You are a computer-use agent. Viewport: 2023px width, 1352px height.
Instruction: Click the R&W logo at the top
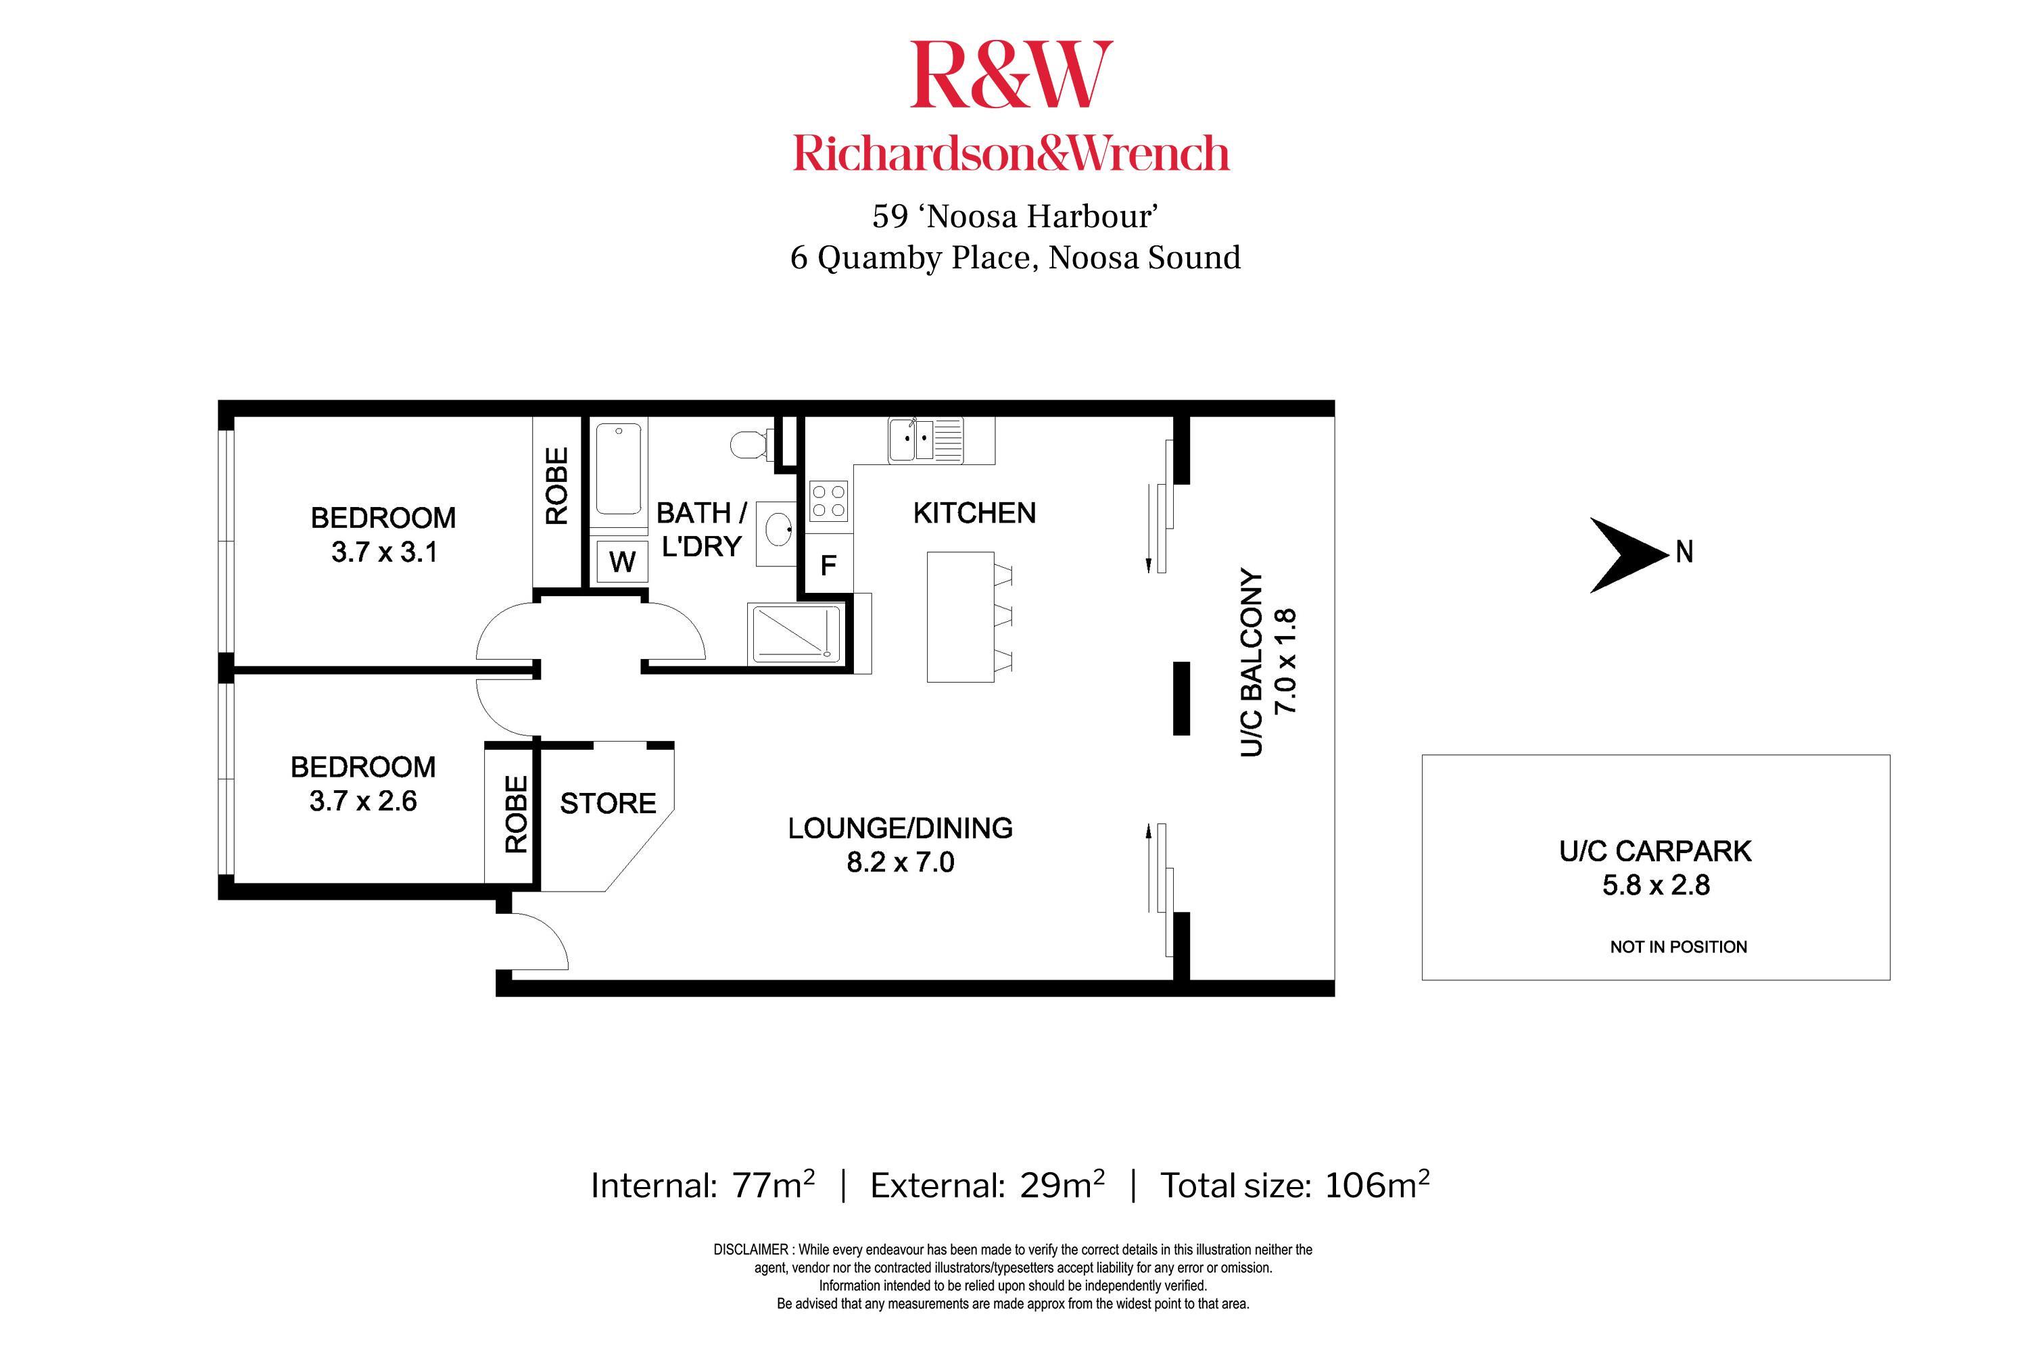point(1011,76)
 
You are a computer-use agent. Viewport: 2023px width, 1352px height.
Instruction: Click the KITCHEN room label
point(974,513)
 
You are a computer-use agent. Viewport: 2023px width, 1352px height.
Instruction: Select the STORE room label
point(608,804)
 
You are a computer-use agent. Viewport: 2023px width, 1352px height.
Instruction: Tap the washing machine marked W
point(622,561)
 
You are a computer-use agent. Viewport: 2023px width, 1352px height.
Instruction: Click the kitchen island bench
point(959,617)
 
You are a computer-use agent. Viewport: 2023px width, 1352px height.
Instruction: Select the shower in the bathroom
point(796,635)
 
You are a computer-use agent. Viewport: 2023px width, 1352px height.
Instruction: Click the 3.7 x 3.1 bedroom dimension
point(384,552)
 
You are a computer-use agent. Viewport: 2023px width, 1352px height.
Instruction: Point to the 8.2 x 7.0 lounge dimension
point(900,863)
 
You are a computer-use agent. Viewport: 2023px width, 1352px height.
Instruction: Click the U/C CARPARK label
point(1655,851)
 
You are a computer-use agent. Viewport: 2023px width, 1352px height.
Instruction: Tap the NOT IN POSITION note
point(1677,947)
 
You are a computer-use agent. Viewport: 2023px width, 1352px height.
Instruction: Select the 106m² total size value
point(1376,1186)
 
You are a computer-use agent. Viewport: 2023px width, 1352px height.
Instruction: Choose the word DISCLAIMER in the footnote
point(751,1249)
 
